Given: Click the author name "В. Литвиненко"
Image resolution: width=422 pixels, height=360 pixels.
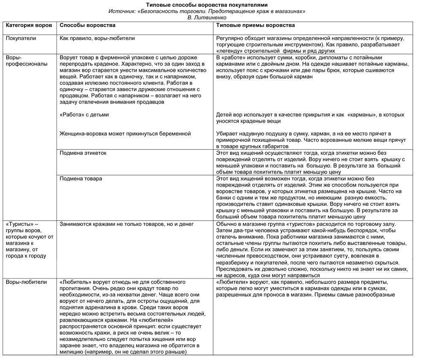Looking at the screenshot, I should (207, 18).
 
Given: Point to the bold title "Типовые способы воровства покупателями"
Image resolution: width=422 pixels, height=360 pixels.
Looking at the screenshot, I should (207, 5).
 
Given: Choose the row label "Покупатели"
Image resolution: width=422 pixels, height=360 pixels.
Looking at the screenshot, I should (21, 38).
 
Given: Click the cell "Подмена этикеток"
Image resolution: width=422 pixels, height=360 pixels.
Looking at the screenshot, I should (83, 153).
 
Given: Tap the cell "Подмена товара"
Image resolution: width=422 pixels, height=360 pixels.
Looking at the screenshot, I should (81, 179).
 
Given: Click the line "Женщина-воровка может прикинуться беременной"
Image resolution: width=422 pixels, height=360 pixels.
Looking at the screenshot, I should (125, 133).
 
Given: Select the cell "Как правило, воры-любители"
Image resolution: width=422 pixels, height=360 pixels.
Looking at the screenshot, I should (97, 38).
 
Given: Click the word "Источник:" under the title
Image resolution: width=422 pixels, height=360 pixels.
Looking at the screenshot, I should (121, 11).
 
